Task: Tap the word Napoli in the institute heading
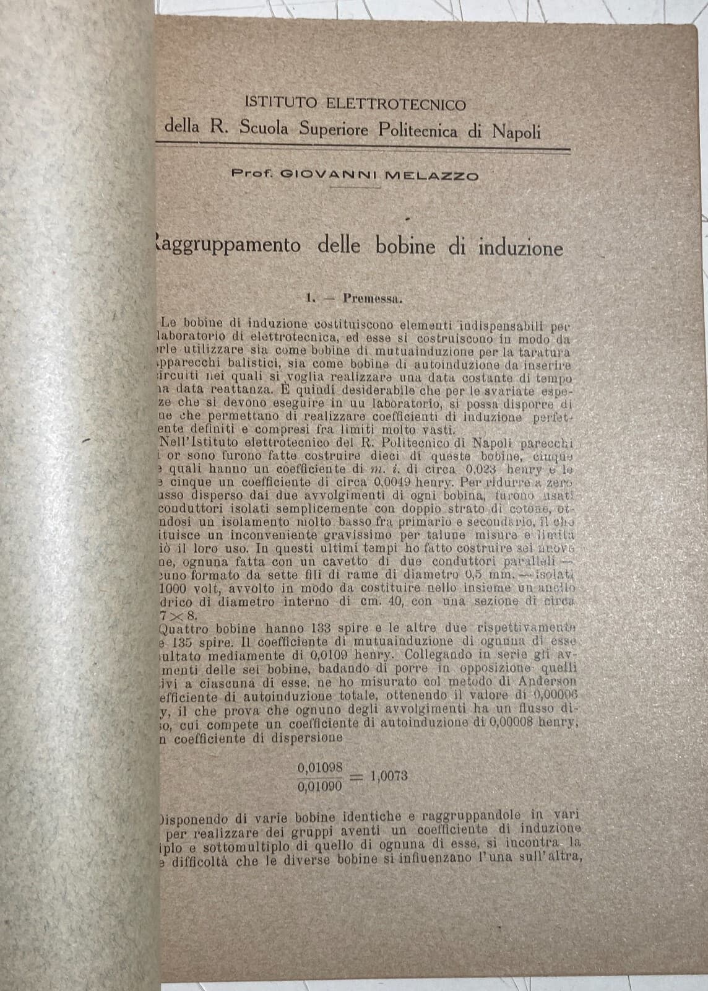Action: pos(516,131)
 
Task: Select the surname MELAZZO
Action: pos(432,175)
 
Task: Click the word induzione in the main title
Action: pos(520,248)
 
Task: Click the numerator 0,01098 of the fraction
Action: pos(320,767)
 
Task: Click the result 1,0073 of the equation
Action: pos(389,775)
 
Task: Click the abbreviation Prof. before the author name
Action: pos(252,175)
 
